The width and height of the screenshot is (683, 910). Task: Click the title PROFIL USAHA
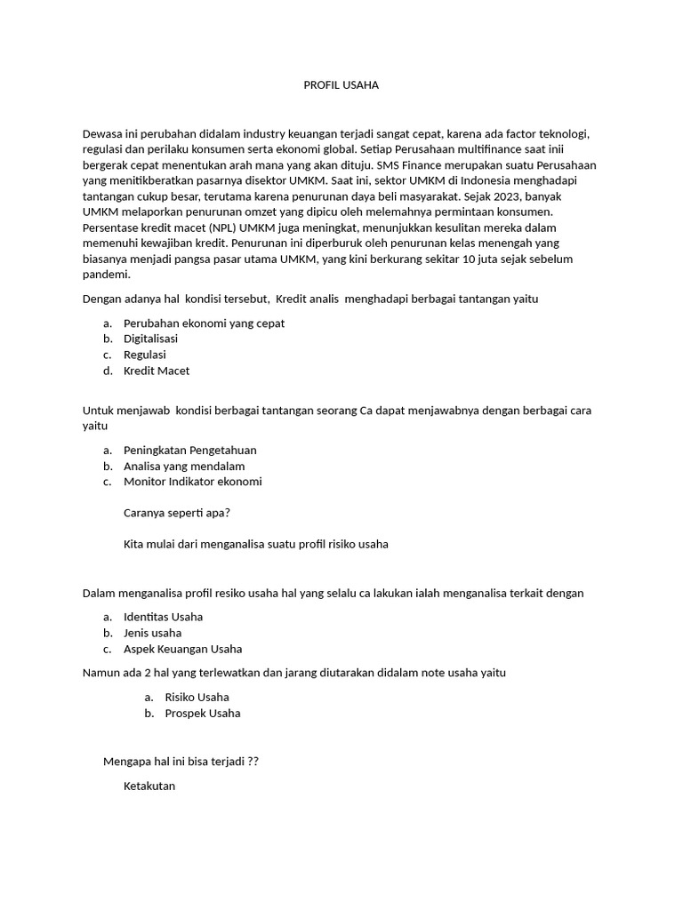[x=341, y=85]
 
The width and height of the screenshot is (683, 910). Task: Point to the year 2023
[x=502, y=196]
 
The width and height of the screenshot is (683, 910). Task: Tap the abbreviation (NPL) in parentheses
[x=211, y=227]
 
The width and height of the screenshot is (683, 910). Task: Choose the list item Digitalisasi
[x=150, y=339]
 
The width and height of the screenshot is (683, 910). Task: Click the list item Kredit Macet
[x=157, y=371]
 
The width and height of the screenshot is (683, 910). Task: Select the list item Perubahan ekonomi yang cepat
[x=204, y=323]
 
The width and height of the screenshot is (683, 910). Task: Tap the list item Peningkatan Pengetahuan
[x=189, y=450]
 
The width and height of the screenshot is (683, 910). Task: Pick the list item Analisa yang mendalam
[x=184, y=466]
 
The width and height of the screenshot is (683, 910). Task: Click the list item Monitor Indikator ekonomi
[x=192, y=482]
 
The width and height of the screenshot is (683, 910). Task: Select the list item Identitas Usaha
[x=163, y=616]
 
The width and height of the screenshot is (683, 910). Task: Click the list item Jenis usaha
[x=152, y=633]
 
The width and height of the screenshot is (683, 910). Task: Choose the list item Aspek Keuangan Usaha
[x=182, y=649]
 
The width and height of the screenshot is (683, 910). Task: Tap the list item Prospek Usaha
[x=202, y=713]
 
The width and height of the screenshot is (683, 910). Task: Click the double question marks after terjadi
[x=253, y=762]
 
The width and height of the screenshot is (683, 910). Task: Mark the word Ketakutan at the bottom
[x=149, y=786]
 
